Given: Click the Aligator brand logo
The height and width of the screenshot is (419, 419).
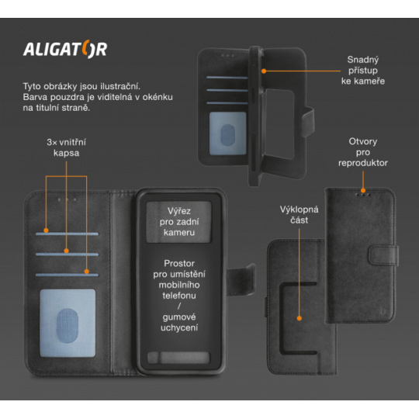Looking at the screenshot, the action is click(x=65, y=49).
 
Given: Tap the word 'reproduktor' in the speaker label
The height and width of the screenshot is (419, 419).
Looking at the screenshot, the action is click(x=363, y=163).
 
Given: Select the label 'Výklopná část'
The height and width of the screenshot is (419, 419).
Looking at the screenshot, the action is click(x=299, y=215).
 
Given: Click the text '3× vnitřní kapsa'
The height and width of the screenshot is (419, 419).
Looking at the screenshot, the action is click(x=66, y=147).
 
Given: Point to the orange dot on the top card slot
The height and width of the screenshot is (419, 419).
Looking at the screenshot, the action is click(x=46, y=230).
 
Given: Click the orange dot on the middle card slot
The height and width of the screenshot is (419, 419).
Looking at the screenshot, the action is click(x=66, y=251).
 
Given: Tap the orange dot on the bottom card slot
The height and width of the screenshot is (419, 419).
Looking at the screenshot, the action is click(x=87, y=272).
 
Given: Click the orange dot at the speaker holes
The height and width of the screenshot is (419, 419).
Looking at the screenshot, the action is click(x=363, y=191).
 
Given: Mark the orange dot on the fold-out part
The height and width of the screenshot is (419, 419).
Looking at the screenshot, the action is click(x=300, y=318).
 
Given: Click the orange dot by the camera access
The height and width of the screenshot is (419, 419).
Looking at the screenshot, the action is click(x=264, y=71).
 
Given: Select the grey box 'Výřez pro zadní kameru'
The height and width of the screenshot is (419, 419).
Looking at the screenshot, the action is click(x=178, y=222).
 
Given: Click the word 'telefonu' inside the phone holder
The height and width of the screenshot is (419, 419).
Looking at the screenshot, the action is click(x=179, y=296).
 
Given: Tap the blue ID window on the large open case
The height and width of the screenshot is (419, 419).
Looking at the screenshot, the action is click(x=68, y=323).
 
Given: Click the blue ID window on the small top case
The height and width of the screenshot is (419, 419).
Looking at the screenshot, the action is click(x=227, y=133).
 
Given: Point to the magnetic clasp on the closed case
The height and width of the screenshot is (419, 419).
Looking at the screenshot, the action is click(x=383, y=255).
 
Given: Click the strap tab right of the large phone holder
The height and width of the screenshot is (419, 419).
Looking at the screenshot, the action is click(x=241, y=279).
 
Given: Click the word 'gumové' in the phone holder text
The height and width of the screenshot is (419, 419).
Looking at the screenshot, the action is click(x=179, y=317).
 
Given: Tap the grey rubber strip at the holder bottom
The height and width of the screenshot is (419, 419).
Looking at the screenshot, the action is click(x=178, y=358).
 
